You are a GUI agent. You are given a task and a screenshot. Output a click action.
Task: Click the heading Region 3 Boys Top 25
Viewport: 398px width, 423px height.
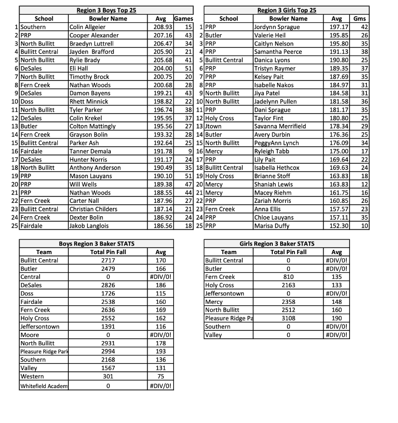(x=107, y=10)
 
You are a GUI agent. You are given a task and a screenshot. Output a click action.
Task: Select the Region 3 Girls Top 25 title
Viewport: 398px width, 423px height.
(x=287, y=10)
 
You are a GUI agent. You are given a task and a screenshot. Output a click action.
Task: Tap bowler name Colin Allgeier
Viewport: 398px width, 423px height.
(x=88, y=27)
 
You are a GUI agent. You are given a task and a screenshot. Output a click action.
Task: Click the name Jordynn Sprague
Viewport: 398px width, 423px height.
(x=277, y=27)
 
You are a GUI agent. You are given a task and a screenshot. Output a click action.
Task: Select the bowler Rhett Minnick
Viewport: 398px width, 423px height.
(x=89, y=101)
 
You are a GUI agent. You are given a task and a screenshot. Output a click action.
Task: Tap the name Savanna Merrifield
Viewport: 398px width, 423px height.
(x=280, y=127)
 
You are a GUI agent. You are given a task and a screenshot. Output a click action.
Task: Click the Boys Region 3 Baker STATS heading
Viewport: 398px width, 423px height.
(x=96, y=243)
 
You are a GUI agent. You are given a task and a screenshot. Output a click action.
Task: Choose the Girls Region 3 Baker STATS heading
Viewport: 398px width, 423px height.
(x=277, y=243)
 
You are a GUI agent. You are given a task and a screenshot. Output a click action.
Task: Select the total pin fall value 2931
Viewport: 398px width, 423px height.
(x=108, y=343)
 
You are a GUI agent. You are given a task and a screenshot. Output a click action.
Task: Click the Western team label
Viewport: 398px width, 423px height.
(x=32, y=376)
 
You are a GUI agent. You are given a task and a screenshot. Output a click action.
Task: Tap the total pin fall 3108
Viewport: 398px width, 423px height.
(x=288, y=318)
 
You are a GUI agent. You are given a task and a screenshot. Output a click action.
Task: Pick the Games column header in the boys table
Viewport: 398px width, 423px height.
(x=183, y=19)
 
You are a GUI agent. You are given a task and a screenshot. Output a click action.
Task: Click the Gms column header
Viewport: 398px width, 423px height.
(x=359, y=19)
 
